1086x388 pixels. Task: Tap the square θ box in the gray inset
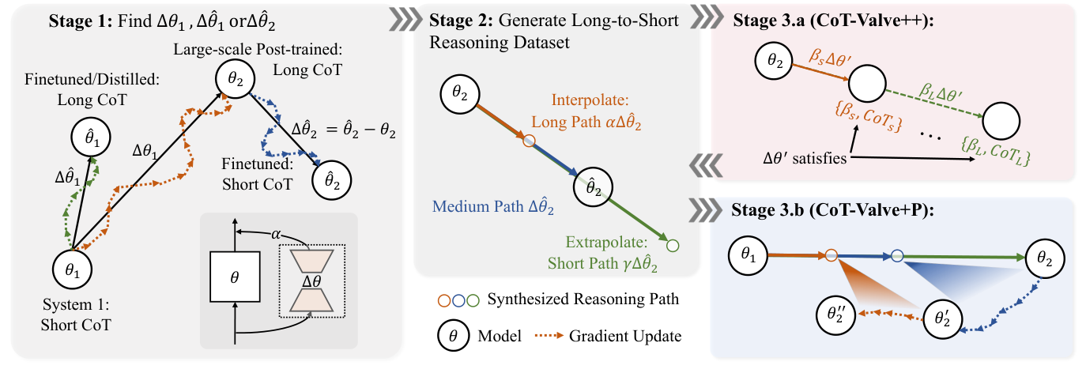click(x=235, y=279)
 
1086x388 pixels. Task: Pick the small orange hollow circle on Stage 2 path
click(x=530, y=141)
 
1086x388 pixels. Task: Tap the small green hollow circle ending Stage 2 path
click(x=673, y=246)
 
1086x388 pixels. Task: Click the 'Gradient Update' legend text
click(x=625, y=336)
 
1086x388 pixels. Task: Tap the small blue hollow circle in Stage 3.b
click(x=897, y=256)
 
